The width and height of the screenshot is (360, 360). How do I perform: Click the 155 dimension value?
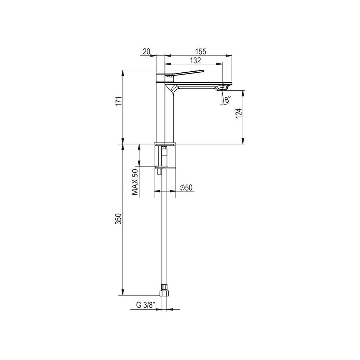point(201,52)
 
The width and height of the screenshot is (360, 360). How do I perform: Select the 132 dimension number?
point(195,60)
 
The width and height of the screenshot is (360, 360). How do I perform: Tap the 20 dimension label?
point(146,52)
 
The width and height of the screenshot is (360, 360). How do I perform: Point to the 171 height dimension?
point(118,101)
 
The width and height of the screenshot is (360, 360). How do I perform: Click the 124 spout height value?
point(239,113)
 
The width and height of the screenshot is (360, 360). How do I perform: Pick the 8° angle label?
point(228,99)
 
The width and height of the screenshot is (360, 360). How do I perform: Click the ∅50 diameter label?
point(186,187)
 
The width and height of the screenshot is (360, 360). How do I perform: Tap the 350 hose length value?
point(118,219)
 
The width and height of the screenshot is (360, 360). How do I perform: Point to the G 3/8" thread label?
point(145,305)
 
